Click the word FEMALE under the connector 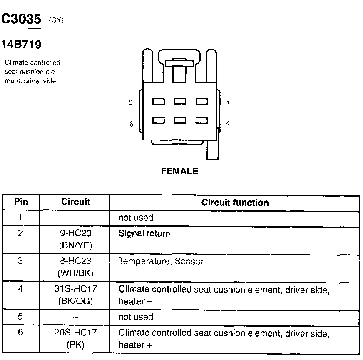[x=179, y=171]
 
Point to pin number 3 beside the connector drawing [x=131, y=102]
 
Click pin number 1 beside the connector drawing [x=228, y=102]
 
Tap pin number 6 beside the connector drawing [x=131, y=124]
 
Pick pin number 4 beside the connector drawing [x=228, y=124]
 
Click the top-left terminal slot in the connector [x=158, y=101]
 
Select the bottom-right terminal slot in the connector [x=201, y=121]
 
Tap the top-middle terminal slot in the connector [x=180, y=101]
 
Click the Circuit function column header [x=235, y=203]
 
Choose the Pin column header [x=21, y=202]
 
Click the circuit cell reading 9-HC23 [x=75, y=233]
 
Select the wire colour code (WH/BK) [x=75, y=273]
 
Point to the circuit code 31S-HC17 [x=75, y=289]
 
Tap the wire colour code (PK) [x=75, y=345]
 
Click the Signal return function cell [x=144, y=233]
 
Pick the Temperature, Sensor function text [x=161, y=261]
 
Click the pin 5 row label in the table [x=21, y=316]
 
